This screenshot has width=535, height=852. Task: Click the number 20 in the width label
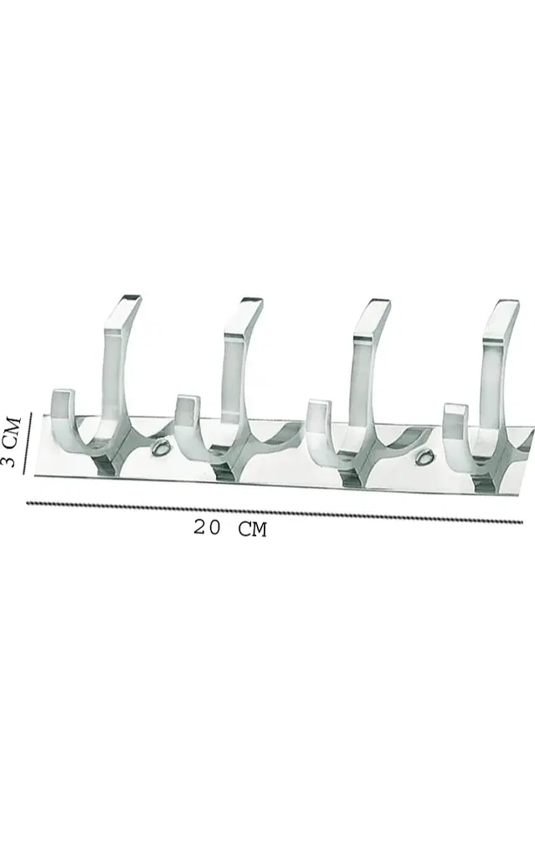207,527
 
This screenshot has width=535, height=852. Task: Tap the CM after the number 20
253,529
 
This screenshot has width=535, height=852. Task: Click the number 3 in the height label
10,461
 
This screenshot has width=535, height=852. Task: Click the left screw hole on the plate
161,448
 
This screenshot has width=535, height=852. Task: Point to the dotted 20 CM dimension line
275,512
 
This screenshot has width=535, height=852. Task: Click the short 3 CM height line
28,444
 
